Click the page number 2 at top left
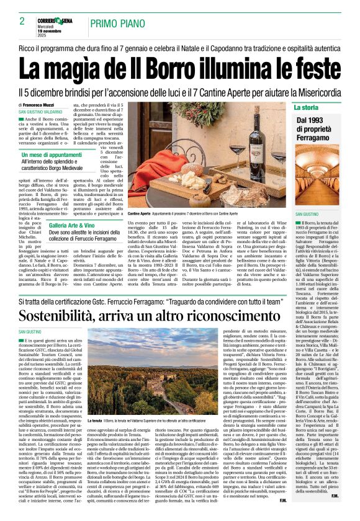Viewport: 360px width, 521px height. (21, 21)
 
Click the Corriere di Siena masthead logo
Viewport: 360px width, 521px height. (62, 19)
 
